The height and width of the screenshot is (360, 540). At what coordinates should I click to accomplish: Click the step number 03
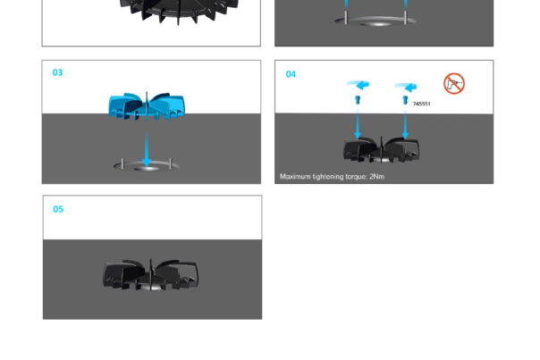point(58,73)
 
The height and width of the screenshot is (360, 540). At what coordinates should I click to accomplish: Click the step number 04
point(291,74)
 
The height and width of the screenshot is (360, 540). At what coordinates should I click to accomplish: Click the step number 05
point(58,210)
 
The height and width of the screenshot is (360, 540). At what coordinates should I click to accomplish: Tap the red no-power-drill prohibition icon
point(454,84)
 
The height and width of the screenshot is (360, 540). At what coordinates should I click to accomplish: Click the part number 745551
point(421,105)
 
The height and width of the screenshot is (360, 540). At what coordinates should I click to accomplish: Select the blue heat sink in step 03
point(146,105)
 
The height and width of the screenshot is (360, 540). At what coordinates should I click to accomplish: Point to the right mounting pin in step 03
point(171,163)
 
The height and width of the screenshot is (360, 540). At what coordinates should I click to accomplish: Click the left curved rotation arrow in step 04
point(358,86)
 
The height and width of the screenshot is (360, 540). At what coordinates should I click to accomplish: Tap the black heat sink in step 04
point(382,150)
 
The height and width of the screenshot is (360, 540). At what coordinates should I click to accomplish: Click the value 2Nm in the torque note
point(376,177)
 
